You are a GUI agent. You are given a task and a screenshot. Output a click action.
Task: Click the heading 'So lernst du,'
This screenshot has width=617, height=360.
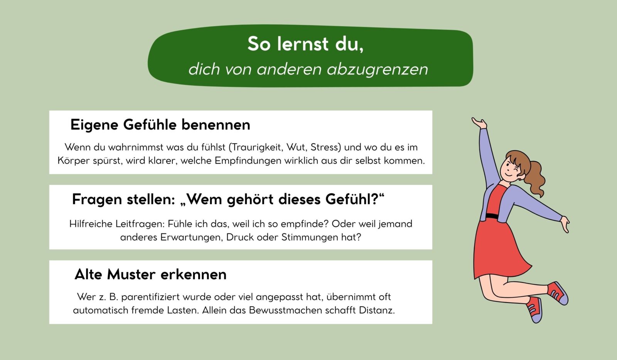(305, 44)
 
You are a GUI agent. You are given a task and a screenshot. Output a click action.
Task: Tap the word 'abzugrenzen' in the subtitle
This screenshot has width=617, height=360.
(378, 69)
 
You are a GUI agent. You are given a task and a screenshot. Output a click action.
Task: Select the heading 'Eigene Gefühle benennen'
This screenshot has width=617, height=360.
(160, 125)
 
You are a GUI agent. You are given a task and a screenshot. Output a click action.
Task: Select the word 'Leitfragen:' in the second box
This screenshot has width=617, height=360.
(140, 224)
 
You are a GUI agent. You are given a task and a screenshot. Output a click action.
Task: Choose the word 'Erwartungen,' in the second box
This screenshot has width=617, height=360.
(191, 237)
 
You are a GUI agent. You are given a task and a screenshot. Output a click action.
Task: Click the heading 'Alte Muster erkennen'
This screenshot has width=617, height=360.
(150, 274)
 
